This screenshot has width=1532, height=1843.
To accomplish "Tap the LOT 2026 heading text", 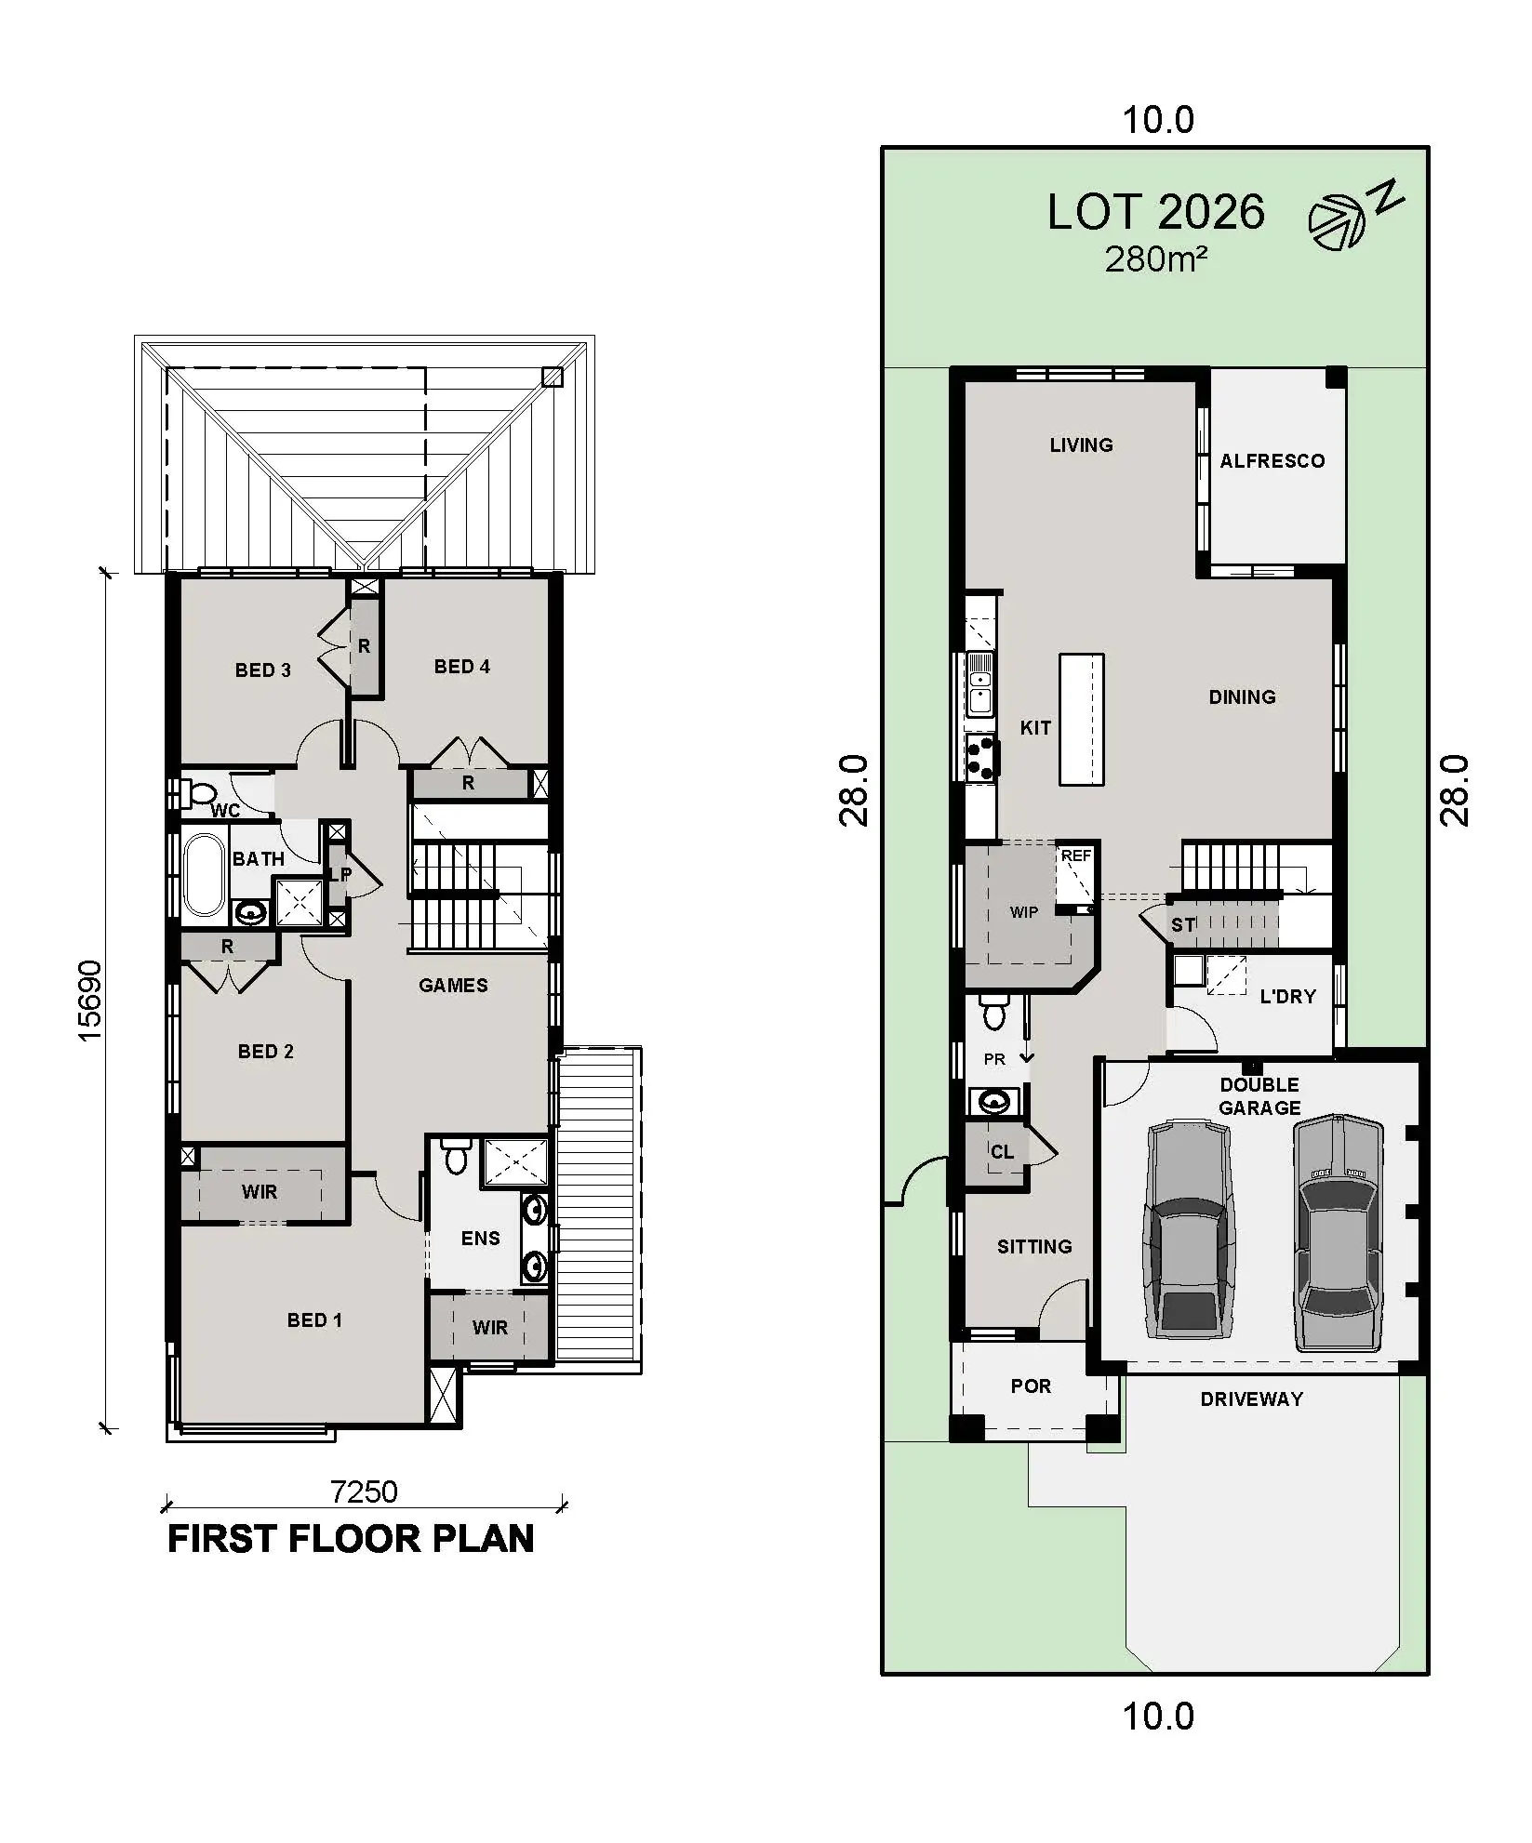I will click(1155, 212).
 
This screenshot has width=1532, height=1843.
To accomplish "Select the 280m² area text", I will click(1155, 259).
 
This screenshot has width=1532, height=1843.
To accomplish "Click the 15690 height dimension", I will click(90, 1001).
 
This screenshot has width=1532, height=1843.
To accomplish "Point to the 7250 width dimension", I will click(364, 1492).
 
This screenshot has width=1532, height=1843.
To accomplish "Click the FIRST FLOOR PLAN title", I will click(351, 1539).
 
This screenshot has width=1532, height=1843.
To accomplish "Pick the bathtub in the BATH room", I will click(205, 874).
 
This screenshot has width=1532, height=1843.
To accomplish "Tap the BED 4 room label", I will click(461, 667).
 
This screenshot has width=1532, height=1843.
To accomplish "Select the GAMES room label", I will click(453, 986).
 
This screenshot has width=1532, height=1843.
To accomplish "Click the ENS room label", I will click(480, 1239).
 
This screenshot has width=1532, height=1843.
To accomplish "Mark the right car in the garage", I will click(1337, 1232).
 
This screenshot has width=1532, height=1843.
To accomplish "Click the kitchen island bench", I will click(1082, 720).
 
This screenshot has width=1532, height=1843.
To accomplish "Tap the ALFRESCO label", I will click(1272, 461).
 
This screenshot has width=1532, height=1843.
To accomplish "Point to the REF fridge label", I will click(1076, 855).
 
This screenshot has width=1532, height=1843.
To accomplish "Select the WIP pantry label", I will click(1023, 912).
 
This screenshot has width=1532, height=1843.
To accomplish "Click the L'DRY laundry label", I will click(1287, 997).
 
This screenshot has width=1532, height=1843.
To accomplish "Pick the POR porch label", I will click(1031, 1386).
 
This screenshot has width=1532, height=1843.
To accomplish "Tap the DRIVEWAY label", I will click(1251, 1399).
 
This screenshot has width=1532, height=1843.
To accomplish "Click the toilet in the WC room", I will click(199, 793).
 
